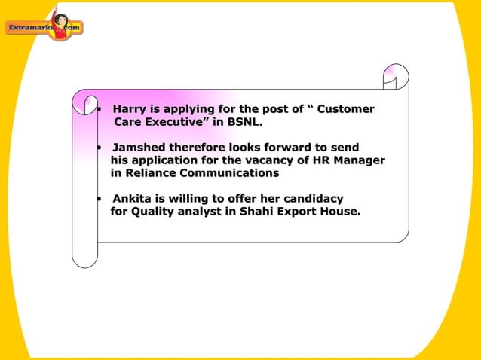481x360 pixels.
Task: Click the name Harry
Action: (129, 109)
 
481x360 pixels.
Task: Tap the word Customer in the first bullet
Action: (346, 109)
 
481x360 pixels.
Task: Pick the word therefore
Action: (198, 147)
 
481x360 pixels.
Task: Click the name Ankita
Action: (132, 199)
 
